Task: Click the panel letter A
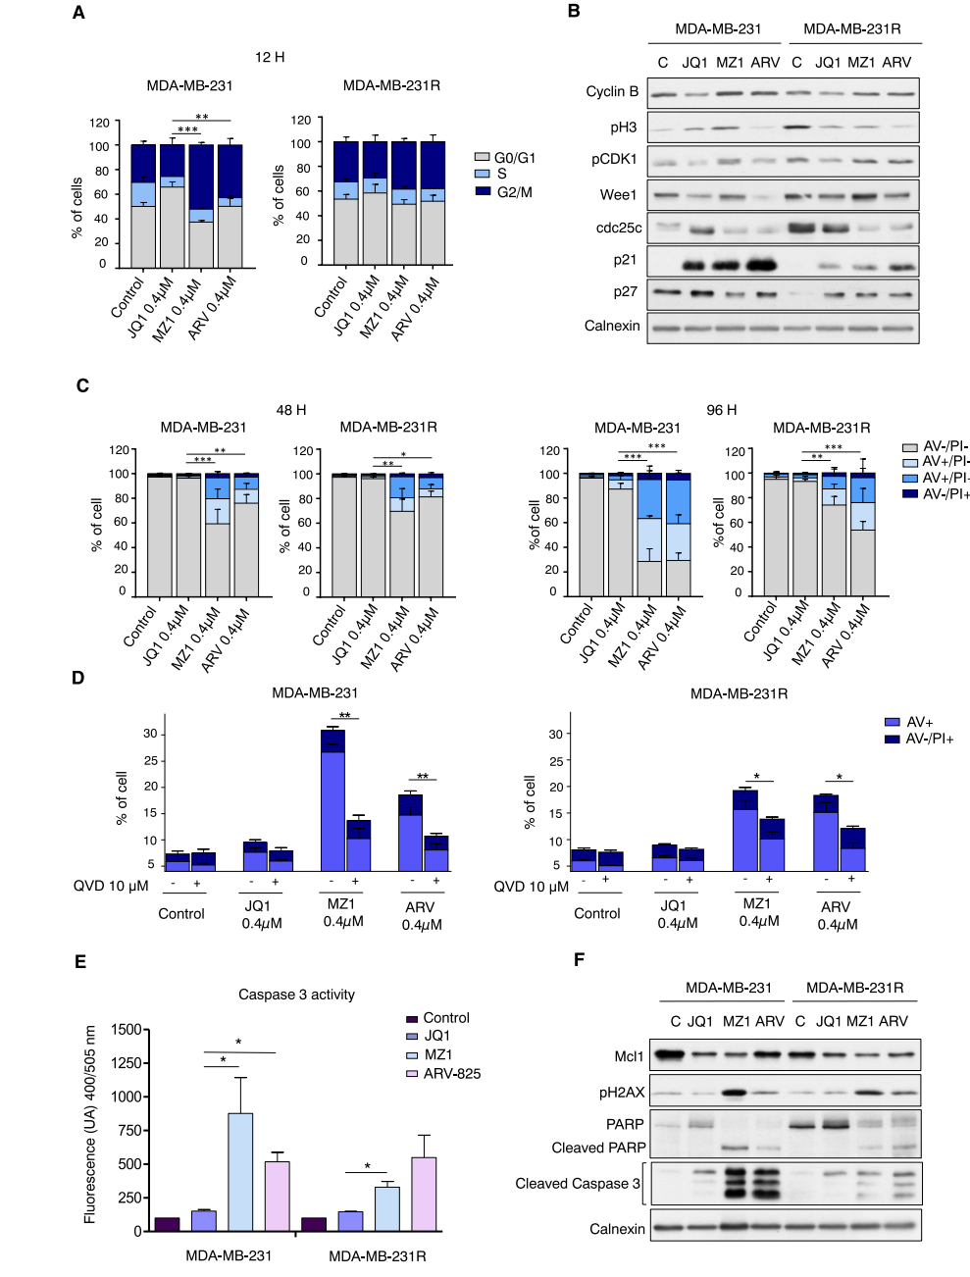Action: pos(78,13)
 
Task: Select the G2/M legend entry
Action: pos(514,192)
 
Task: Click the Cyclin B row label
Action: pos(612,91)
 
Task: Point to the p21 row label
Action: pos(625,260)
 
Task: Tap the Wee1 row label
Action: pos(618,194)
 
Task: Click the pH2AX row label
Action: pos(622,1092)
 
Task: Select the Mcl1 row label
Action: pos(629,1056)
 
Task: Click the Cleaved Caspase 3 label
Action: pos(577,1183)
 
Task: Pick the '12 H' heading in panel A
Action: pos(270,57)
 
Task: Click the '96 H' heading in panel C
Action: pos(721,410)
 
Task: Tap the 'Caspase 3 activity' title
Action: pos(296,995)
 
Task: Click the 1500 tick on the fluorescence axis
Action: pos(127,1030)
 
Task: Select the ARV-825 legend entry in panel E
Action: pos(452,1073)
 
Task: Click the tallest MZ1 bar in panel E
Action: pos(240,1171)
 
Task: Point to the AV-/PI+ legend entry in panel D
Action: pos(929,739)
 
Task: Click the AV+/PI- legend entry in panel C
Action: pos(945,461)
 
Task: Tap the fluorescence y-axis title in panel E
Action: pos(89,1124)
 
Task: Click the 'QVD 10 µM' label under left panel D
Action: pos(111,886)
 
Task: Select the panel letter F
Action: pos(579,959)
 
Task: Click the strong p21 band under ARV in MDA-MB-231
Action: pos(761,265)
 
